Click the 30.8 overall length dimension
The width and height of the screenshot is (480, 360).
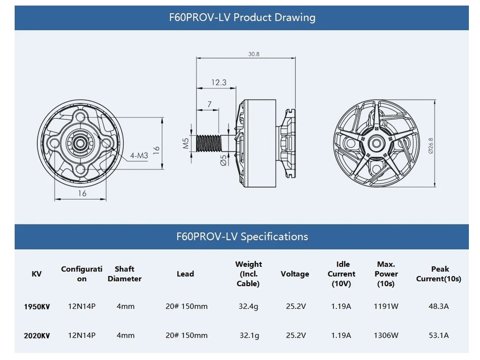(253, 54)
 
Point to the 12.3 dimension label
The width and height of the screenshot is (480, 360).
(219, 82)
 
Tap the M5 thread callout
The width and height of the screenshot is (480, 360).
(185, 144)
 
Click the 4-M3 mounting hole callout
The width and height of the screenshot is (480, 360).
(138, 156)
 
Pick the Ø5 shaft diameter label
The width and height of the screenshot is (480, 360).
(223, 160)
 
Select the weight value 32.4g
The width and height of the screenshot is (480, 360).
(249, 306)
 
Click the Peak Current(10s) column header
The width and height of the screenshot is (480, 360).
(439, 274)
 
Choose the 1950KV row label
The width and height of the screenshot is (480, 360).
(37, 306)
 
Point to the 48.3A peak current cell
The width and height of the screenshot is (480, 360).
(439, 306)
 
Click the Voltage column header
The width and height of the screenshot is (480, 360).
(295, 274)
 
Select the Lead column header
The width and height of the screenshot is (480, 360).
(185, 274)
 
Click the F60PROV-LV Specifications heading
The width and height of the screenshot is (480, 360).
(242, 236)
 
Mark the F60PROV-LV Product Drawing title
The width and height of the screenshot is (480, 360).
(242, 17)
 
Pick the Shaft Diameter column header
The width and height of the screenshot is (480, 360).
(124, 274)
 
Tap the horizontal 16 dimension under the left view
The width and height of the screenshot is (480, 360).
(82, 193)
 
